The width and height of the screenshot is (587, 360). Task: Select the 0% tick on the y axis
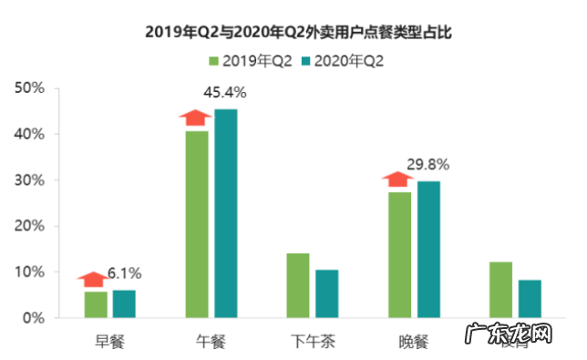coord(34,318)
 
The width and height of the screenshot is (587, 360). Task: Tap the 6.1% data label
coord(125,273)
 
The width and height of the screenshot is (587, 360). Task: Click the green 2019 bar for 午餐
coord(197,224)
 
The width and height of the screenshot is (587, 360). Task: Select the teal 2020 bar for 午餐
coord(225,213)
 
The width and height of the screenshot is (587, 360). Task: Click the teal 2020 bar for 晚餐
coord(428,249)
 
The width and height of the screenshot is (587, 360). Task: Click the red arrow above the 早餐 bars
coord(93,279)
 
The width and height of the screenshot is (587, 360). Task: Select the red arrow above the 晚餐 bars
coord(398,180)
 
